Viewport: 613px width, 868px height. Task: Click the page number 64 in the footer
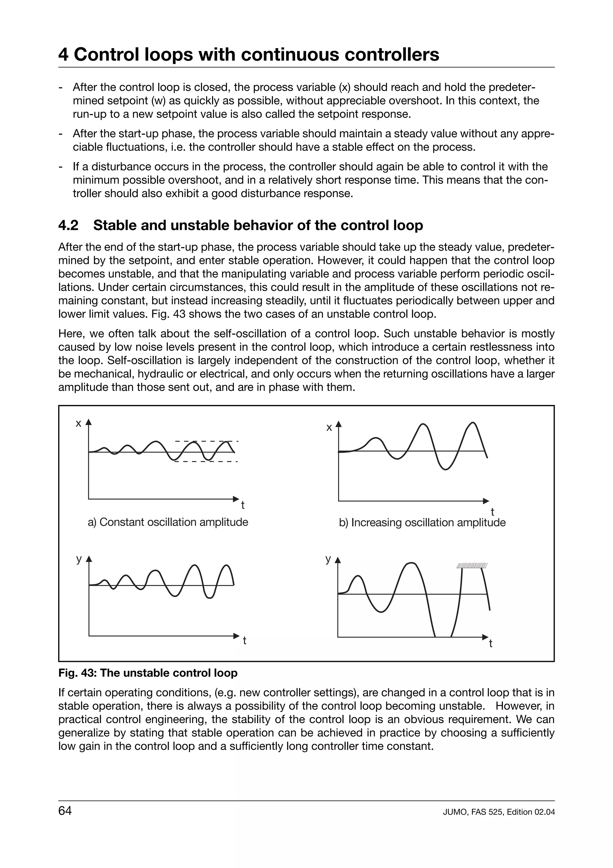click(65, 810)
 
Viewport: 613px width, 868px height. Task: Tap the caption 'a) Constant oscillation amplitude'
click(168, 522)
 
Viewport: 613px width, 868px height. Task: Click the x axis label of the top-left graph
click(78, 424)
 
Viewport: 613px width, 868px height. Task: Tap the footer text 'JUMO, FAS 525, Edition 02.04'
click(499, 812)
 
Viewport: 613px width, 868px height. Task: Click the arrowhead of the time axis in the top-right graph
click(486, 501)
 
